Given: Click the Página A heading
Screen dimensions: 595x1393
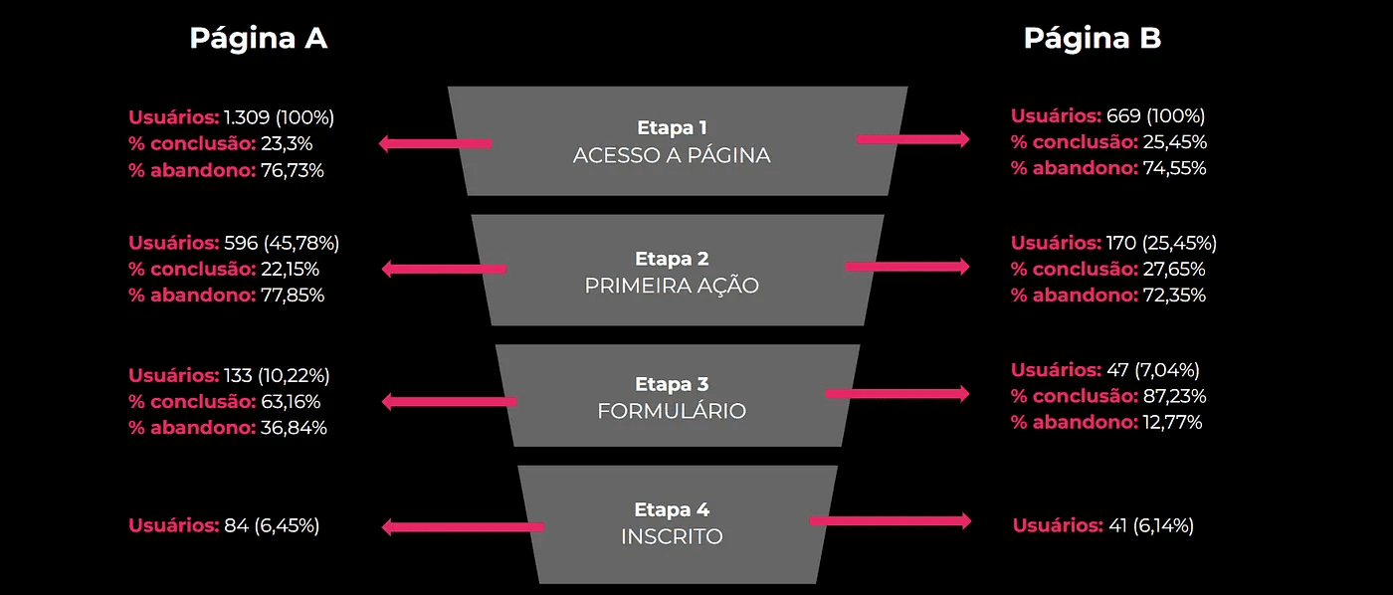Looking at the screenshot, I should click(x=259, y=38).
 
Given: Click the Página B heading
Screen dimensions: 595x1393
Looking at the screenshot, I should click(x=1093, y=38).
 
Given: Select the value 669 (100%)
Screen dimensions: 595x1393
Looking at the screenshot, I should click(x=1155, y=115).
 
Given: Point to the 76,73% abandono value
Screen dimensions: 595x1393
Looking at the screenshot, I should click(x=293, y=170).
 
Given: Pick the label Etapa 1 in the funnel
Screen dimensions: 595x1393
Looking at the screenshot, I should click(x=672, y=128).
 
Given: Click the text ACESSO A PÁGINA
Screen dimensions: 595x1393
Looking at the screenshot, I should click(x=672, y=156).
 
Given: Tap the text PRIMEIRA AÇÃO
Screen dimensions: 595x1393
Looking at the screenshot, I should click(x=672, y=286).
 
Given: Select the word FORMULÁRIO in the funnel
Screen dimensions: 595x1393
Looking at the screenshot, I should click(x=672, y=411).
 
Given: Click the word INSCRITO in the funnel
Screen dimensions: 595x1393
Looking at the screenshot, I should click(x=672, y=536).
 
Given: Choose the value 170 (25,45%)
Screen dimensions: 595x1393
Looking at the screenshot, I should click(x=1161, y=243).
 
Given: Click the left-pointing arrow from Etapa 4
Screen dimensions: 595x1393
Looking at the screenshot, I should click(x=463, y=527).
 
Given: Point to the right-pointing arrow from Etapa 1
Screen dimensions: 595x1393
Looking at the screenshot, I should click(x=912, y=139).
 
